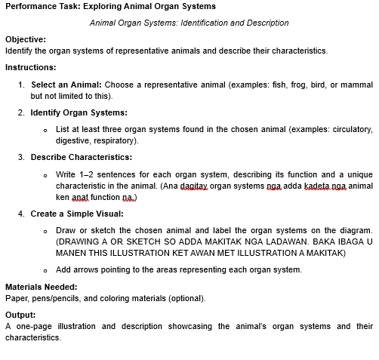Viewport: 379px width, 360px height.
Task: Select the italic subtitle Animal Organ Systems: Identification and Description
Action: coord(189,23)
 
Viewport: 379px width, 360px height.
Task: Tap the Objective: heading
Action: coord(26,38)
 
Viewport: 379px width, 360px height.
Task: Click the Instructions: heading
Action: coord(30,67)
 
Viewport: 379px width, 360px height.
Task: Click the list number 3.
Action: coord(21,157)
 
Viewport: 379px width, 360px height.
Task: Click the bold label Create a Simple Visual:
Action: coord(76,214)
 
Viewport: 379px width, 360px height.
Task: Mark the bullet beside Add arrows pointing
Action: coord(46,269)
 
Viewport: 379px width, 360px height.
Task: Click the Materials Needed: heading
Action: coord(42,287)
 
